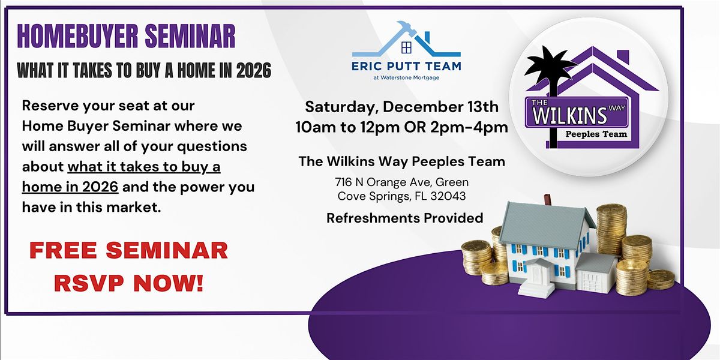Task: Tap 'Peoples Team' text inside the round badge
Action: pyautogui.click(x=596, y=134)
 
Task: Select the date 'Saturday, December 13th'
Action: pyautogui.click(x=401, y=107)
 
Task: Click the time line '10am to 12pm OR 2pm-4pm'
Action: pyautogui.click(x=401, y=127)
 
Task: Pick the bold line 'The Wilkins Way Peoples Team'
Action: pyautogui.click(x=401, y=161)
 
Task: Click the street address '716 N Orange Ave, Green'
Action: pyautogui.click(x=401, y=181)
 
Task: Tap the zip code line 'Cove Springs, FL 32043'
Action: pyautogui.click(x=401, y=196)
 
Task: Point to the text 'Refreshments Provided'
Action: pyautogui.click(x=404, y=218)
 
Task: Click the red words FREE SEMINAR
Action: pyautogui.click(x=129, y=250)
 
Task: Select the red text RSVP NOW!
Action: pyautogui.click(x=129, y=283)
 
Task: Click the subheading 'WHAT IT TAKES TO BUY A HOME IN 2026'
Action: pyautogui.click(x=144, y=71)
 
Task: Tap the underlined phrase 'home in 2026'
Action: pyautogui.click(x=70, y=187)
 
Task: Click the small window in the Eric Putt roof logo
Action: pyautogui.click(x=406, y=47)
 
